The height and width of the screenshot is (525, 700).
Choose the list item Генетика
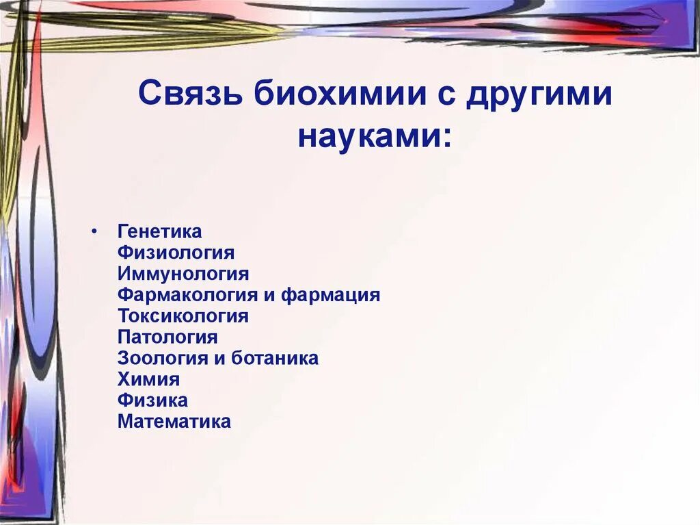pos(159,232)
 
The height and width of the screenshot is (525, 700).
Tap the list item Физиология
pos(176,253)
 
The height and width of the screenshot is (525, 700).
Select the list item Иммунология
pos(183,274)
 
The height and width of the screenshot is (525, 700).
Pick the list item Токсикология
pos(183,316)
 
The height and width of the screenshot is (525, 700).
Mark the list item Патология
pos(167,337)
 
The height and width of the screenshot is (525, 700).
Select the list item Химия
pos(148,379)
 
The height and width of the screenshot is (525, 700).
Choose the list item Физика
pos(152,400)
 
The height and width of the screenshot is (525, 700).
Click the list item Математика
pos(174,422)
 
